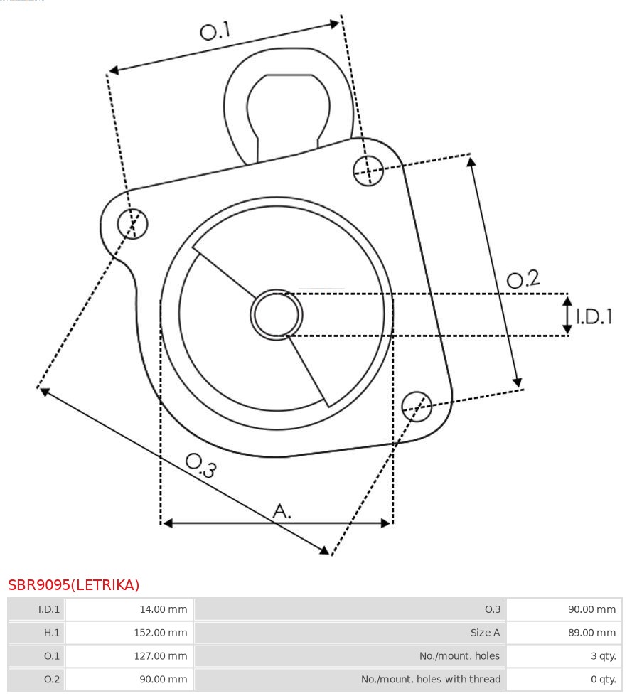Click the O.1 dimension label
click(x=215, y=31)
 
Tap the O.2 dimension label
click(x=523, y=279)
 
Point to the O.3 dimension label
click(x=201, y=465)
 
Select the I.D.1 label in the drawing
click(x=594, y=316)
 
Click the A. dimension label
click(x=282, y=511)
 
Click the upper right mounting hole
click(x=368, y=171)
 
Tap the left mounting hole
click(x=133, y=223)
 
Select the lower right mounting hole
click(x=417, y=406)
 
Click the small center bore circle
click(x=276, y=315)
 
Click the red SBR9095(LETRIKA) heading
click(x=74, y=585)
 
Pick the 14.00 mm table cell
click(x=164, y=609)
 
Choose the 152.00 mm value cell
click(x=161, y=633)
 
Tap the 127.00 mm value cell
click(x=161, y=656)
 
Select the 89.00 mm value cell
click(x=592, y=633)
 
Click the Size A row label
click(x=486, y=633)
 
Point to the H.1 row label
click(x=51, y=633)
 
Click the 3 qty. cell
click(x=604, y=656)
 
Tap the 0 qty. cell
click(x=604, y=679)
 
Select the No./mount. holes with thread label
click(x=431, y=679)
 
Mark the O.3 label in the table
click(x=493, y=609)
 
